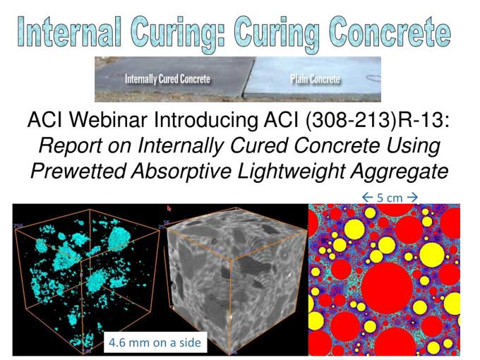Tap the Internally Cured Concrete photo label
click(167, 79)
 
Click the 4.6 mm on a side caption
click(154, 343)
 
